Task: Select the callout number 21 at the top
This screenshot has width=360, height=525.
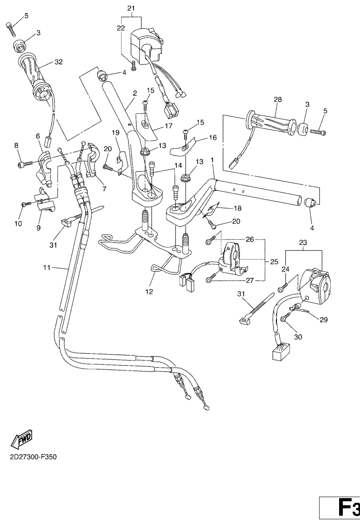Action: pyautogui.click(x=131, y=8)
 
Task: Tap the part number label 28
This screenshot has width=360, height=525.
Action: pyautogui.click(x=278, y=99)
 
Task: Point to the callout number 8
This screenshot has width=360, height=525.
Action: pyautogui.click(x=17, y=145)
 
